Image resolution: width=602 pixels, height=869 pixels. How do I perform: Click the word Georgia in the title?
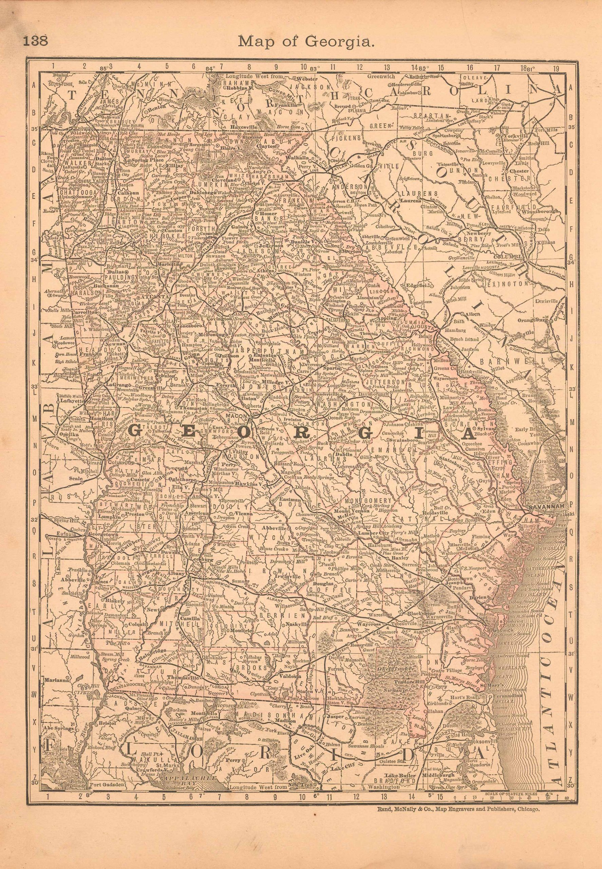click(x=342, y=41)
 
